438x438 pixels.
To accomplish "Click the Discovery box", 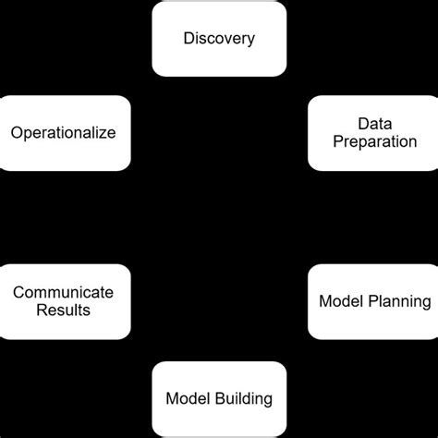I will coord(219,39).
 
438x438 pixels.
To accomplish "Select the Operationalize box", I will coord(64,133).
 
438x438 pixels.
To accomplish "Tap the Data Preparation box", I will coord(373,133).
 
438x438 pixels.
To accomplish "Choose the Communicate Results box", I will coord(64,301).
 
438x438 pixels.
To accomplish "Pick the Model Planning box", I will coord(373,301).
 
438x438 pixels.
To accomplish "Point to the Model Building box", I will coord(219,399).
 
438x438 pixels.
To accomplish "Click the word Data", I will coord(374,124).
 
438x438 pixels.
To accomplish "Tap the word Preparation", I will coord(374,142).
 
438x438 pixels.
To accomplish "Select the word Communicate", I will coord(64,292).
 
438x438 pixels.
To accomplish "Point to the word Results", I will coord(64,310).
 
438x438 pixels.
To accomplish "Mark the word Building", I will coord(244,399).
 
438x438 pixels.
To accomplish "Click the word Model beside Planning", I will coord(339,301).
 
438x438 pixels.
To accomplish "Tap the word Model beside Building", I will coord(186,399).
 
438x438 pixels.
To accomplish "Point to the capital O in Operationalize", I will coord(17,133).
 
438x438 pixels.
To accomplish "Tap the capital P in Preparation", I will coord(336,142).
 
